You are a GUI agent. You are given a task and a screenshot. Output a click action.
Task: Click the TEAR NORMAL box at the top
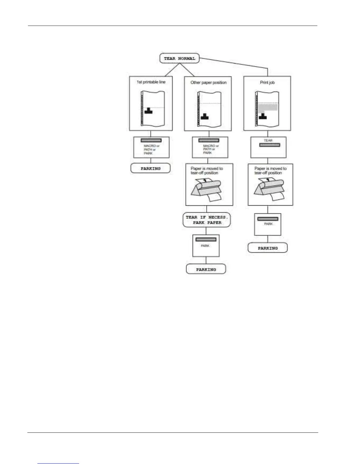click(x=179, y=58)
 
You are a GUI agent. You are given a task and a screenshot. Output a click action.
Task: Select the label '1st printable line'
click(x=151, y=82)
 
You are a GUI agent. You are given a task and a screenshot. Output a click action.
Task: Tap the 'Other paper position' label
click(x=209, y=82)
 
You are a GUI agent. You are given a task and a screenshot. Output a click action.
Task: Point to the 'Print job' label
click(x=267, y=82)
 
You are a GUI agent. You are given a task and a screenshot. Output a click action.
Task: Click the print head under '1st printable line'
click(x=149, y=111)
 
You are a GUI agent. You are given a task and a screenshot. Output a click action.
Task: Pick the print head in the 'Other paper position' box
click(x=205, y=116)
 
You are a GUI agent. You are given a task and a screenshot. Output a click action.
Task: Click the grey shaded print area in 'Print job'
click(x=268, y=107)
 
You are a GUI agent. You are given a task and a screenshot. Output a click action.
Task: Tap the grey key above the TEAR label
click(x=270, y=145)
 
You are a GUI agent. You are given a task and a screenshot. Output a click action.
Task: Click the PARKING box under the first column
click(x=151, y=168)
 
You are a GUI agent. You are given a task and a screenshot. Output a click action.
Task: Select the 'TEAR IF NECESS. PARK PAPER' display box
click(x=207, y=220)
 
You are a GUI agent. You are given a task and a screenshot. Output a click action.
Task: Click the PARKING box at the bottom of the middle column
click(x=206, y=269)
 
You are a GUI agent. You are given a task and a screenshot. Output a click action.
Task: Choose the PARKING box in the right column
click(x=268, y=248)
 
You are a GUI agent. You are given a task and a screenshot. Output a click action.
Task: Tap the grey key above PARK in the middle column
click(x=206, y=239)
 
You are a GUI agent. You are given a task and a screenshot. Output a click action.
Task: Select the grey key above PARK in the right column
click(x=268, y=219)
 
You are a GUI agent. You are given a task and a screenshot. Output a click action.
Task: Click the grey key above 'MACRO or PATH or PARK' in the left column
click(x=151, y=140)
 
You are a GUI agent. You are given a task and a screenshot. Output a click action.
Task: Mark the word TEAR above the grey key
click(x=268, y=140)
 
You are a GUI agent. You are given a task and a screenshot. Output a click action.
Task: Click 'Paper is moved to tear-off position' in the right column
click(x=270, y=171)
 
